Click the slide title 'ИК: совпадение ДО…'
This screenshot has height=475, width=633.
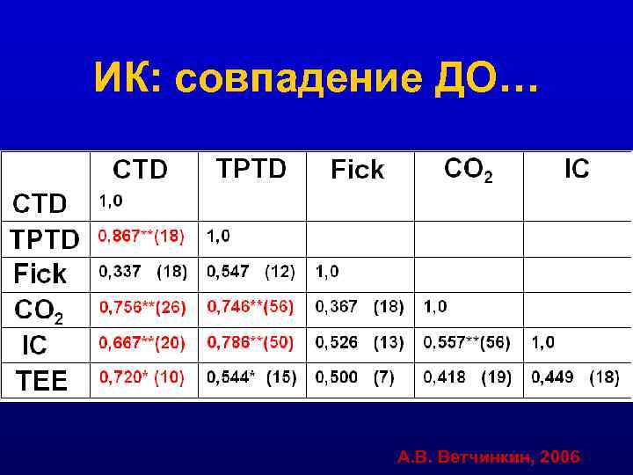pyautogui.click(x=315, y=81)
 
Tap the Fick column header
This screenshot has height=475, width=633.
pyautogui.click(x=358, y=170)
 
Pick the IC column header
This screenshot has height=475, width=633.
pyautogui.click(x=577, y=169)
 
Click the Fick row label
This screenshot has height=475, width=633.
pyautogui.click(x=40, y=274)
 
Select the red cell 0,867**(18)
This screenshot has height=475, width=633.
pyautogui.click(x=142, y=236)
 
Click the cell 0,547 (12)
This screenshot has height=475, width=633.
pyautogui.click(x=251, y=272)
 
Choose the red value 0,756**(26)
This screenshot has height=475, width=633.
pyautogui.click(x=142, y=307)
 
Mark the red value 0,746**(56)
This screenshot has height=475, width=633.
pyautogui.click(x=251, y=307)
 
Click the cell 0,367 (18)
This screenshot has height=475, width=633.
pyautogui.click(x=360, y=307)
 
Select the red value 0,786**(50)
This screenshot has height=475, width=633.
pyautogui.click(x=251, y=342)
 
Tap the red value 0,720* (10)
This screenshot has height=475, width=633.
pyautogui.click(x=142, y=377)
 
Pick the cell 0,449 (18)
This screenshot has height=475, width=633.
pyautogui.click(x=576, y=377)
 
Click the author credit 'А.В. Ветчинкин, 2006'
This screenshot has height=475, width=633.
pyautogui.click(x=488, y=457)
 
